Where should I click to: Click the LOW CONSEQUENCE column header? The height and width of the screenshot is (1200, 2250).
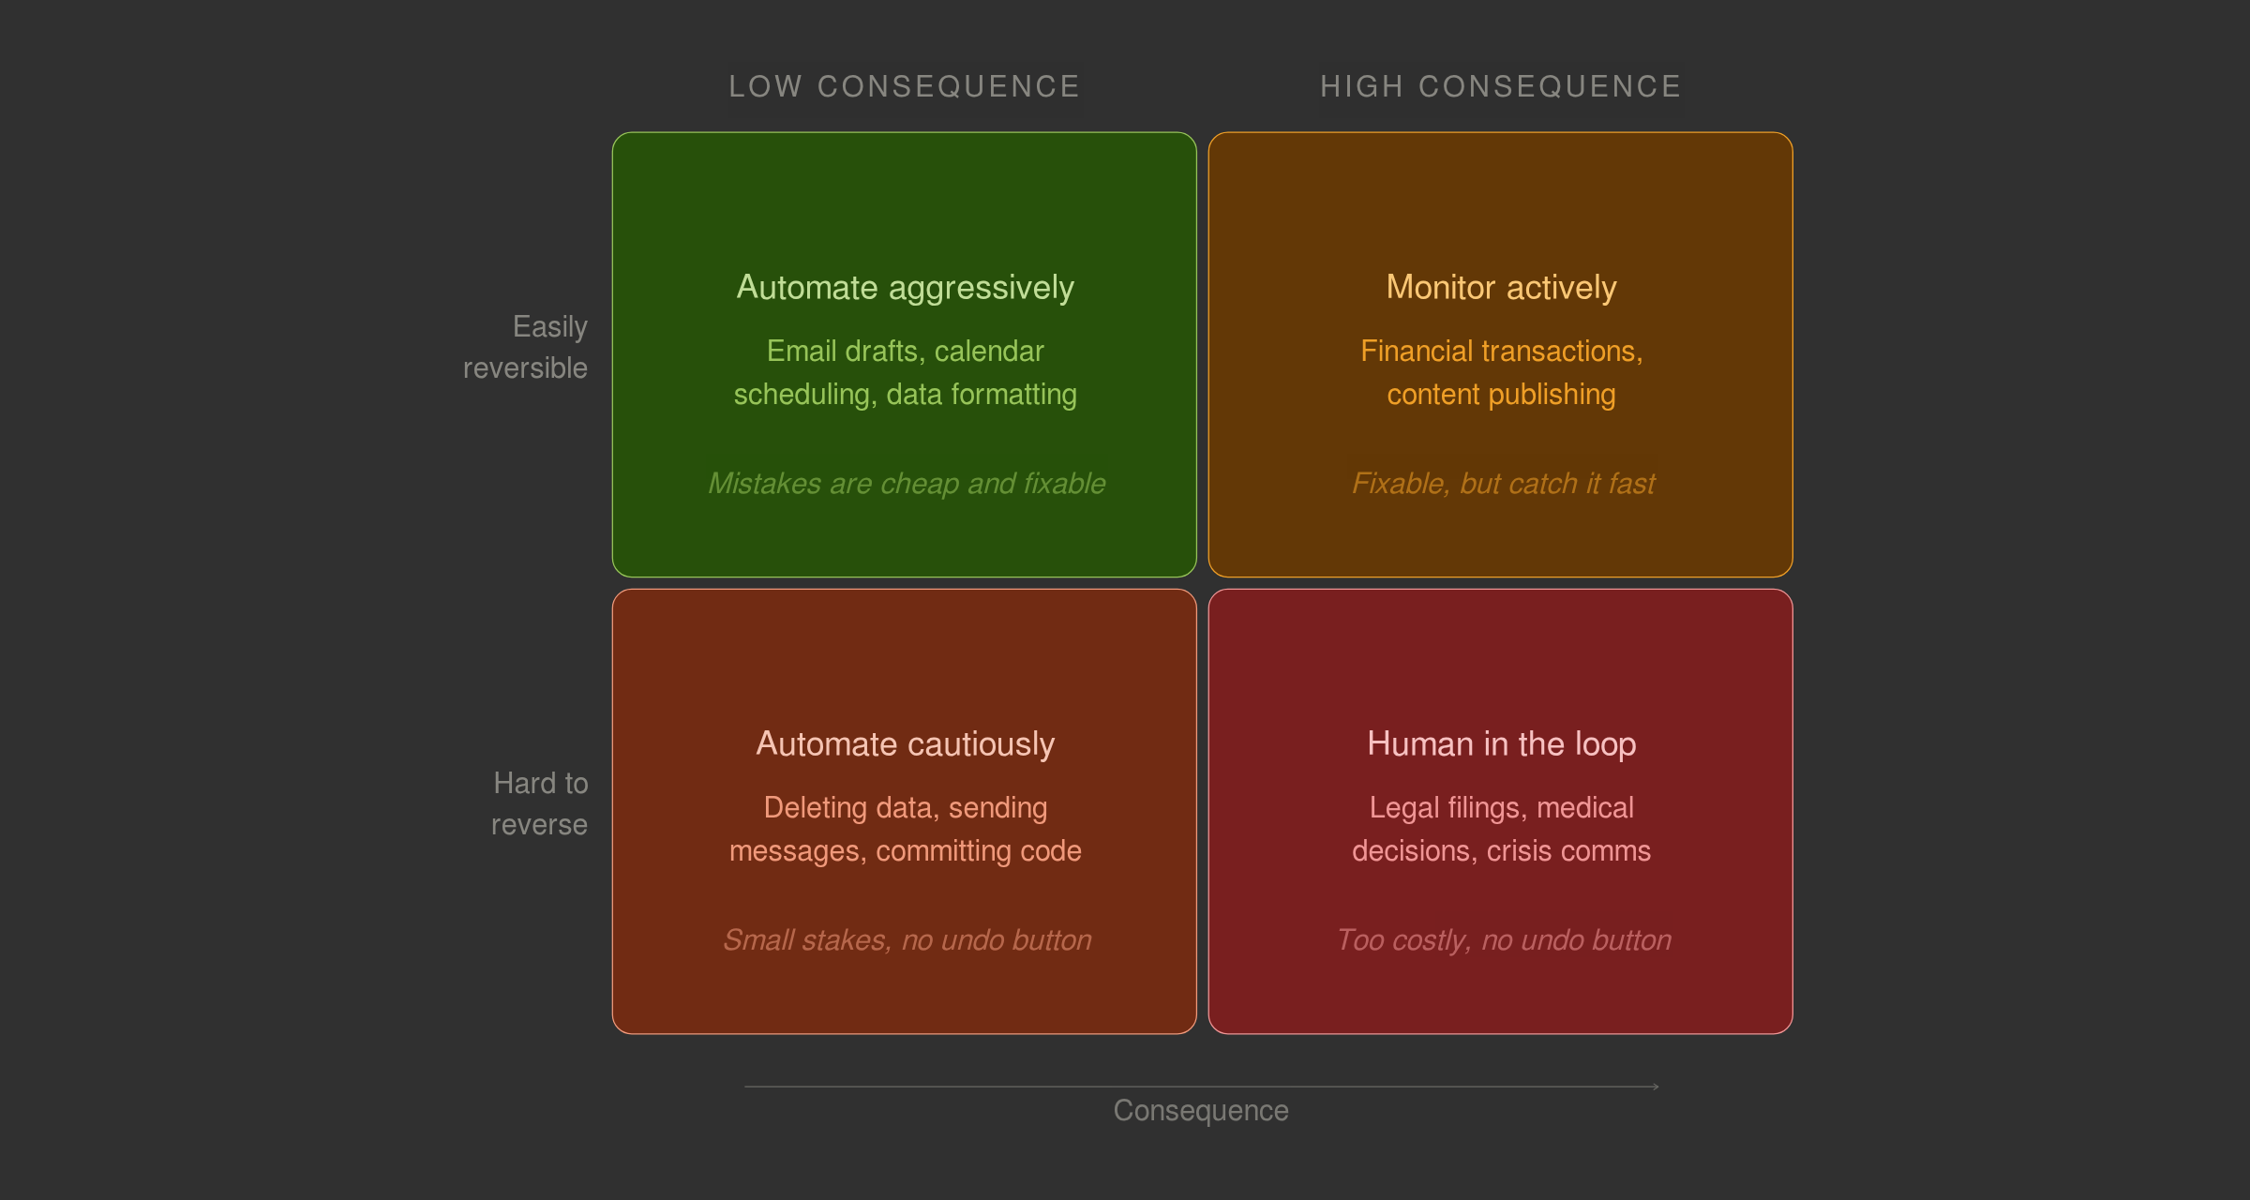point(904,86)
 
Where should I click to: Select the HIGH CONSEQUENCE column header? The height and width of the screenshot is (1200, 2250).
point(1500,86)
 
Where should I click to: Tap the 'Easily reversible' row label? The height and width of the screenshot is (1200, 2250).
point(526,347)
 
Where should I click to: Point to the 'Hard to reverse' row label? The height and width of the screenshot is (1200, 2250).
point(539,803)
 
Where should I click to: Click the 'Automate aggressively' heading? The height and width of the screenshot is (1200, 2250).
point(905,287)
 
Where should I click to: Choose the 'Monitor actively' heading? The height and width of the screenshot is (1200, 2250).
point(1501,287)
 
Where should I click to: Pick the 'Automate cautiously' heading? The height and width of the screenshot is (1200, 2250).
point(905,743)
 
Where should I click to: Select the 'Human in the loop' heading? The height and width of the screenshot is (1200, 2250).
point(1501,743)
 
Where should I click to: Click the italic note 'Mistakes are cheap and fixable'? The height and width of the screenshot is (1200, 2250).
point(906,483)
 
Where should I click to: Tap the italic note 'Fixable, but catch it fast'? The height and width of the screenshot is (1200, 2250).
point(1502,483)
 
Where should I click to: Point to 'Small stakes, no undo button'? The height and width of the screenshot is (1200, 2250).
point(907,939)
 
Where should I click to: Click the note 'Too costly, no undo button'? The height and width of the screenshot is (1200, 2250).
point(1503,939)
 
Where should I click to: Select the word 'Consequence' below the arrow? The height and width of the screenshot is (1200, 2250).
point(1200,1110)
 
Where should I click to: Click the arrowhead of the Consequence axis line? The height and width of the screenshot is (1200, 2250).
point(1657,1087)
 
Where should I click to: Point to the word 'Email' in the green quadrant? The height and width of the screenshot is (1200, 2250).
point(800,351)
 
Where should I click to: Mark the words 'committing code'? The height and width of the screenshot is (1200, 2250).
point(978,850)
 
